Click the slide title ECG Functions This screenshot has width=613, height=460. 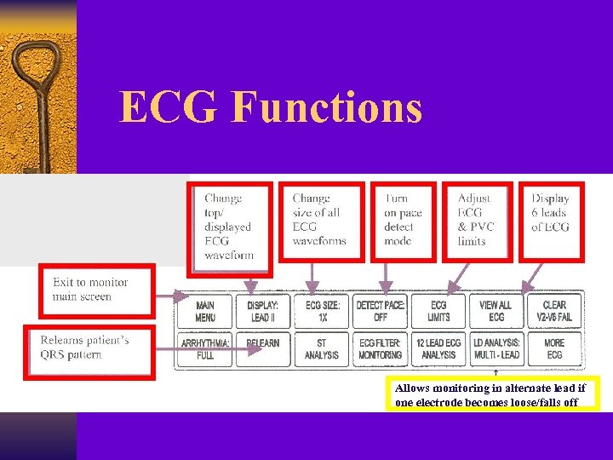[x=271, y=107]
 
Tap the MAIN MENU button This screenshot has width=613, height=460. [x=205, y=311]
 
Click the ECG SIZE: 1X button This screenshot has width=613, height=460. [x=323, y=311]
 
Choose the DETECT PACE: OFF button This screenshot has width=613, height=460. [x=381, y=311]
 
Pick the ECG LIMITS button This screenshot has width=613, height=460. [x=438, y=311]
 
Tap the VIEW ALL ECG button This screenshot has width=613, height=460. [x=496, y=311]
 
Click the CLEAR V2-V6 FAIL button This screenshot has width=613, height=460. [x=554, y=311]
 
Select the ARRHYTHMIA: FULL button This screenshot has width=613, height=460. [x=205, y=348]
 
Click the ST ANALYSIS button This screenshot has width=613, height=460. [x=323, y=348]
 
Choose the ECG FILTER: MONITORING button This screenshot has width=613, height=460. [x=381, y=348]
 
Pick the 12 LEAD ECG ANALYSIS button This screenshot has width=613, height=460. [x=438, y=348]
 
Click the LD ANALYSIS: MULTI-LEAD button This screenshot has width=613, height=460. [x=496, y=348]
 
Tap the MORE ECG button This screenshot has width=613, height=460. [x=554, y=348]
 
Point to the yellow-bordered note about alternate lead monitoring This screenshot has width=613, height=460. [x=492, y=394]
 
